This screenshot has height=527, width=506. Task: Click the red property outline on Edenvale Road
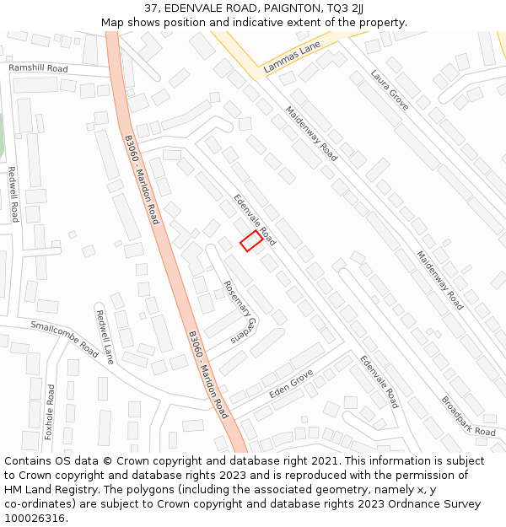coord(250,240)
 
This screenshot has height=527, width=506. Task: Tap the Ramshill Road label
coord(38,67)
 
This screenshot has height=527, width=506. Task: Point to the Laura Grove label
coord(390,90)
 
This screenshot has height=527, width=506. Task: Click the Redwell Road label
coord(13,194)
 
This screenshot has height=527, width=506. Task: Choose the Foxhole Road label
coord(50,412)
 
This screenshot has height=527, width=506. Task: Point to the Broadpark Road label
coord(468,416)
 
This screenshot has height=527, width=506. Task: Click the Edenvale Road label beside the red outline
coord(255,218)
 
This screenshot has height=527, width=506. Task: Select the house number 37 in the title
coord(151,8)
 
